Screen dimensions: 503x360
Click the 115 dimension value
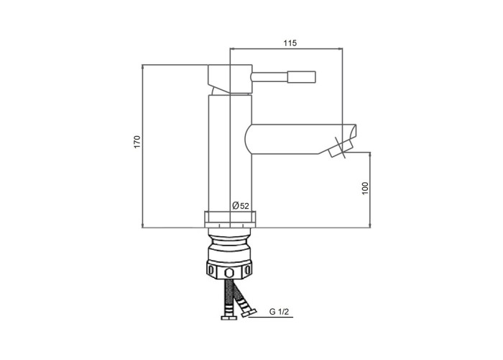tap(290, 42)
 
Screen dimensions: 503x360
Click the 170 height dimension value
tap(137, 142)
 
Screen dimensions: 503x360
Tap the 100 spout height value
tap(365, 189)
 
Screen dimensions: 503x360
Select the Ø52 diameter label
tap(241, 205)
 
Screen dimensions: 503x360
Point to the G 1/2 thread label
tap(279, 312)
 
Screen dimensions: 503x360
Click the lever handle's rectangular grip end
tap(302, 77)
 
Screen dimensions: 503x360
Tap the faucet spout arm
tap(300, 139)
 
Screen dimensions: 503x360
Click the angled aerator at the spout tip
tap(341, 148)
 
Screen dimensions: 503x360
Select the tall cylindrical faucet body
tap(230, 153)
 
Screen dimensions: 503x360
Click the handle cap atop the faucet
tap(230, 78)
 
